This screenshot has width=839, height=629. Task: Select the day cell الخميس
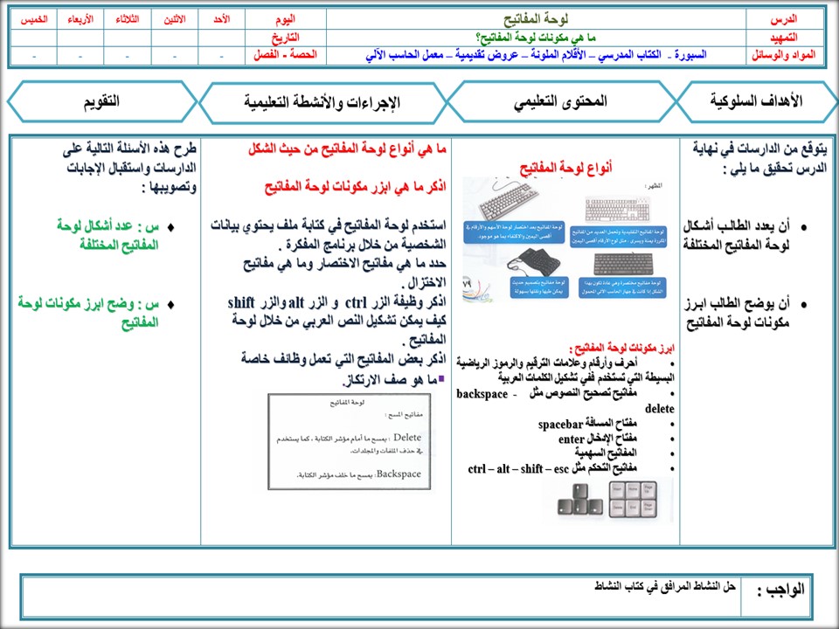(x=34, y=18)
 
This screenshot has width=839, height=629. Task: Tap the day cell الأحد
(x=221, y=18)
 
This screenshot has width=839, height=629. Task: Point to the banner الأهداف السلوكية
(x=757, y=102)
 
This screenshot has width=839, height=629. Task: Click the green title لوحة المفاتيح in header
(x=535, y=18)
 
